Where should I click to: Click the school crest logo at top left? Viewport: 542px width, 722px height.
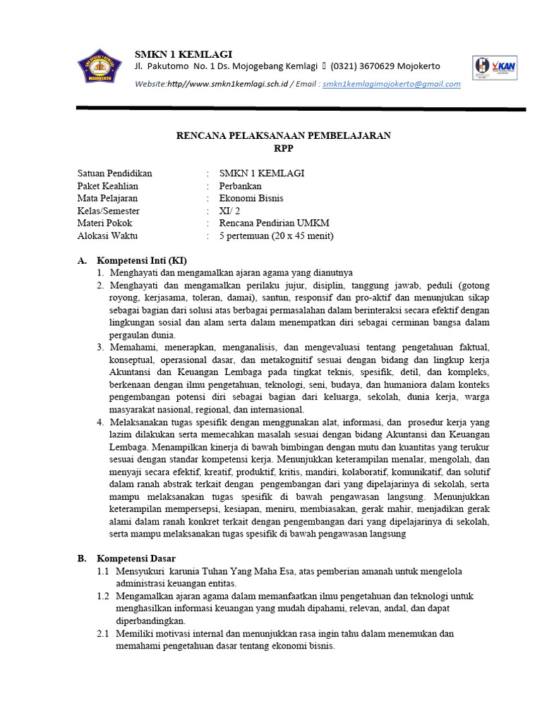tap(100, 67)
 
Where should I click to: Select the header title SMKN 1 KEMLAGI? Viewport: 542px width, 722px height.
tap(183, 54)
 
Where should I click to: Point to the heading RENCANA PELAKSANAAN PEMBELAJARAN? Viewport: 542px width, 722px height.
tap(283, 136)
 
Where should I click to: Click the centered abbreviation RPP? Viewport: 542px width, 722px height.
tap(283, 148)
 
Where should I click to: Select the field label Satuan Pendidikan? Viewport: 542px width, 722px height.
tap(114, 173)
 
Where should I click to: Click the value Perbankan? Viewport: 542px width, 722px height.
tap(240, 186)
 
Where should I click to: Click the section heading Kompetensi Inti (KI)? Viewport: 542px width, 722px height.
tap(142, 260)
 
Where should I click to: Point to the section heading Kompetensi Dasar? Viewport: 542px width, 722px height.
tap(136, 558)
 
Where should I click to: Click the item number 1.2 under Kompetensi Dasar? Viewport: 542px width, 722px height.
tap(103, 596)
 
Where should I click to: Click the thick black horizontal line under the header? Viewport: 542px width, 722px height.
tap(301, 109)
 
